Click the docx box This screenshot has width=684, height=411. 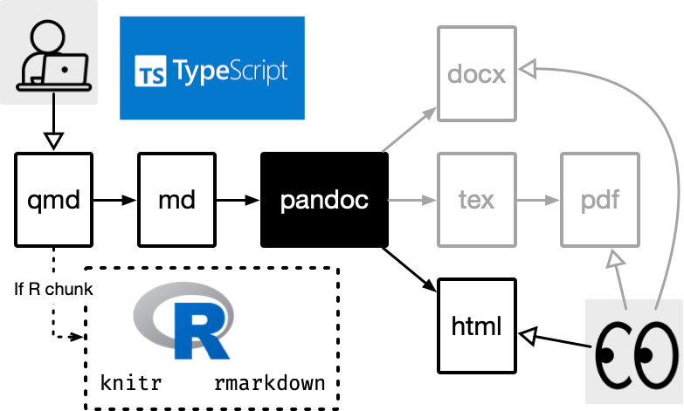(x=476, y=73)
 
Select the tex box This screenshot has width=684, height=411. (x=476, y=199)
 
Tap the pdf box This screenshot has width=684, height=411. (x=599, y=199)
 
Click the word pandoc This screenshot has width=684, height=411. (x=324, y=201)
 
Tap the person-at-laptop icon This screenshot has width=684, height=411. (x=49, y=51)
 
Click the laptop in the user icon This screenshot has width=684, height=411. (x=67, y=70)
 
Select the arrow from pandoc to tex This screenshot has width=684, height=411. (x=411, y=201)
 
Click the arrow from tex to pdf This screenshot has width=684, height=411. (x=537, y=200)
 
